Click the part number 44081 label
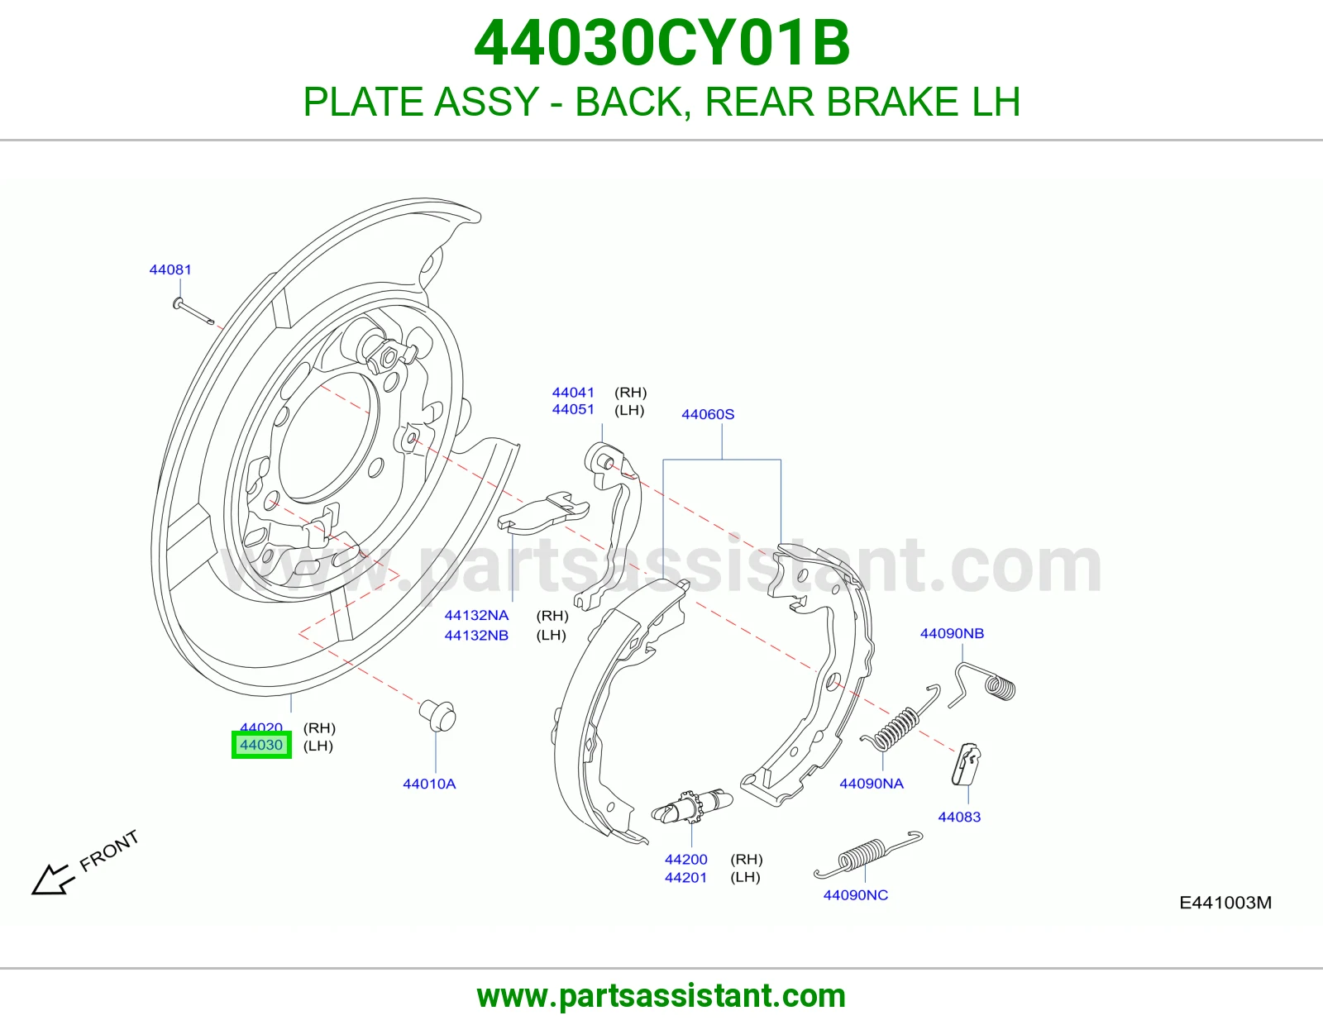coord(170,269)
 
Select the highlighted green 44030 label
coord(261,745)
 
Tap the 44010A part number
coord(429,784)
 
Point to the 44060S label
coord(708,414)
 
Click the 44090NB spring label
coord(952,634)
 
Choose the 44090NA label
coord(872,784)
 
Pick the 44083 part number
coord(959,818)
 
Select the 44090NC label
coord(856,895)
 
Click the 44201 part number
coord(685,878)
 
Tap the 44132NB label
coord(476,636)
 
